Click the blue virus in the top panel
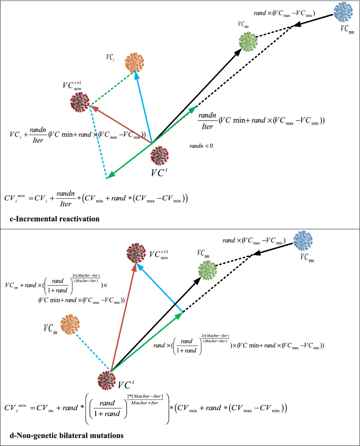(344, 11)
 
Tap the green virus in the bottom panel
(207, 270)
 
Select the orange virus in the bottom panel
(69, 324)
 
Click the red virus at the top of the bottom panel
(137, 254)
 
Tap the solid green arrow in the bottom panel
(147, 341)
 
